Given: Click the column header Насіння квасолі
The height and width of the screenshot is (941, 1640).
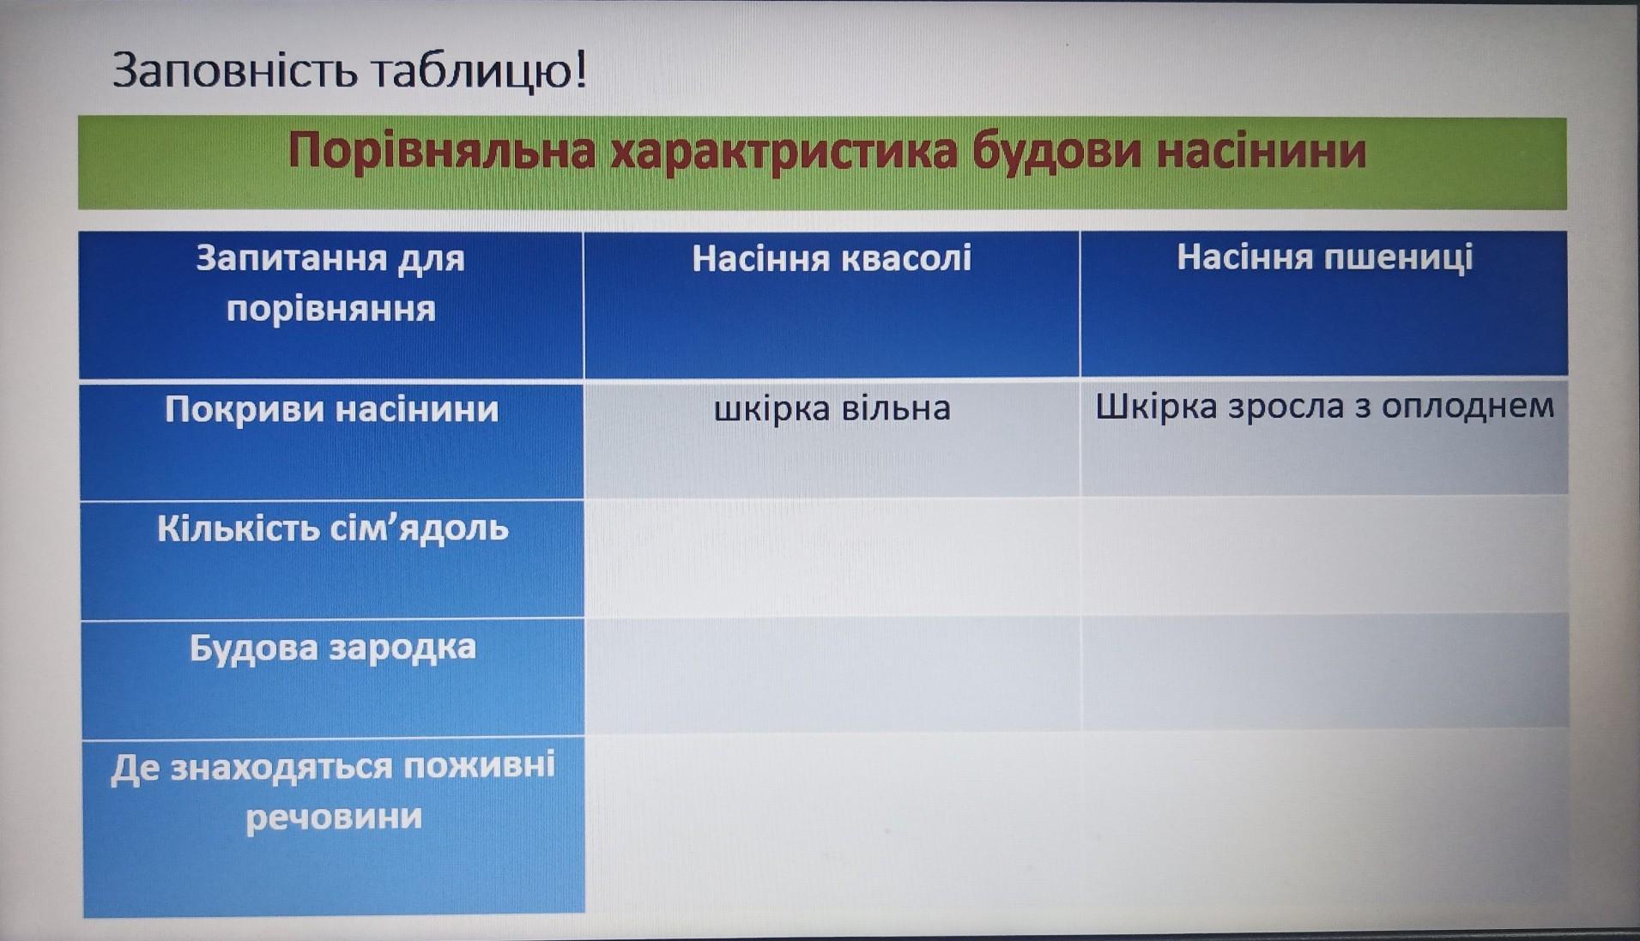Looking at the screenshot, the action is [x=832, y=258].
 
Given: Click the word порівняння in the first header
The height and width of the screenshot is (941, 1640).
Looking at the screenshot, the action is [x=331, y=309].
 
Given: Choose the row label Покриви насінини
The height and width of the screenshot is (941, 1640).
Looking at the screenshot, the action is [x=332, y=409].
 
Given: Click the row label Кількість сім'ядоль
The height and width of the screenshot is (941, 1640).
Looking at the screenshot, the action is [x=333, y=528].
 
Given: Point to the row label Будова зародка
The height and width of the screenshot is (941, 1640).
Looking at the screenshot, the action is [x=333, y=647].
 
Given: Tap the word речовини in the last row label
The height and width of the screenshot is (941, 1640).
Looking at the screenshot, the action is [x=334, y=817].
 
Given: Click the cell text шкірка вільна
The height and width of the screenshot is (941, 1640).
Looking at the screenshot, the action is [x=832, y=408].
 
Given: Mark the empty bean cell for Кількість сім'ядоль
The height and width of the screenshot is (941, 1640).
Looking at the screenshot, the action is [x=832, y=558].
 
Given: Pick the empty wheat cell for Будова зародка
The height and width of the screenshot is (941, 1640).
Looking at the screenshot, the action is [x=1325, y=673].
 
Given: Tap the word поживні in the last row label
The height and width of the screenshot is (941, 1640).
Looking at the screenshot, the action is [x=480, y=765].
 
